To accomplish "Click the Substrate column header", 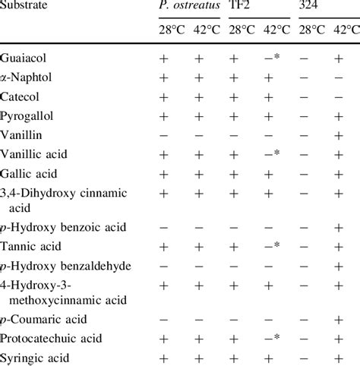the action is (x=24, y=7).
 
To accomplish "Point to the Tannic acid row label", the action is (x=29, y=246).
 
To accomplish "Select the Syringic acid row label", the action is (x=33, y=357).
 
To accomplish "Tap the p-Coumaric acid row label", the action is (x=38, y=319).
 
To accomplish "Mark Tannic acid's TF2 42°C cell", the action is (x=274, y=246).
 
